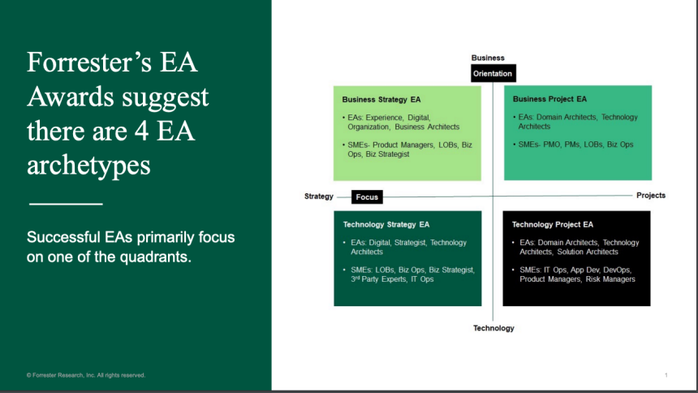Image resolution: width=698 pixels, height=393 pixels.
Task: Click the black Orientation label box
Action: tap(493, 74)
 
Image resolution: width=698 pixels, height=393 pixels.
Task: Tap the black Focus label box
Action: tap(367, 197)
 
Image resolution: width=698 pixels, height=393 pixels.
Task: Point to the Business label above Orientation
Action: tap(488, 58)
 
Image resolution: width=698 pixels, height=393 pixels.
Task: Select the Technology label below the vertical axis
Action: tap(493, 328)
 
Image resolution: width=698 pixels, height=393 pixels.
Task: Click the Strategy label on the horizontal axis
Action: tap(319, 196)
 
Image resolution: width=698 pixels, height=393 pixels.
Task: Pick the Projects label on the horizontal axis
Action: tap(651, 196)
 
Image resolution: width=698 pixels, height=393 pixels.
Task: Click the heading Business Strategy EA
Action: tap(381, 100)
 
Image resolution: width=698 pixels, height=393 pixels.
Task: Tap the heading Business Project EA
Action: tap(549, 99)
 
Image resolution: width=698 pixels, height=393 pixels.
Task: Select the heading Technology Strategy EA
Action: tap(386, 225)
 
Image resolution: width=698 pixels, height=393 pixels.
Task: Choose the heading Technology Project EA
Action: tap(553, 225)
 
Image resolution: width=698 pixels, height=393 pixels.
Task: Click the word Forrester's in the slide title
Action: tap(89, 62)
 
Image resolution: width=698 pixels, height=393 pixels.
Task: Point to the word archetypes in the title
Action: tap(88, 166)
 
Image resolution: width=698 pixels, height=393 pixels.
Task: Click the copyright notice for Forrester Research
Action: tap(86, 375)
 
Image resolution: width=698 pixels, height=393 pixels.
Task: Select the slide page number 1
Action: tap(666, 375)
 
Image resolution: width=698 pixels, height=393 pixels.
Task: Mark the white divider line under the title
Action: tap(66, 204)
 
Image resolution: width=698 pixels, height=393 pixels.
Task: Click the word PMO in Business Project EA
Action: tap(552, 145)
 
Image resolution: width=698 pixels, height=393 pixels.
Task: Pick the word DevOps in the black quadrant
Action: tap(617, 270)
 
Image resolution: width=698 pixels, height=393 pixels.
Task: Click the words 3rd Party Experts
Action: tap(378, 279)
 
